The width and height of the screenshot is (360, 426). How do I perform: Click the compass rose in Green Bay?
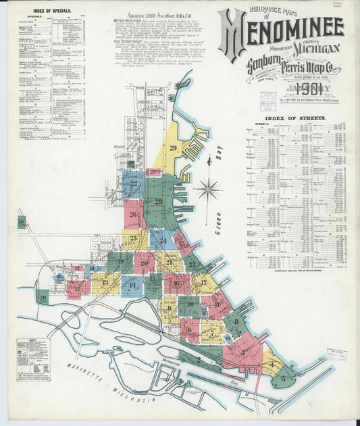tap(208, 188)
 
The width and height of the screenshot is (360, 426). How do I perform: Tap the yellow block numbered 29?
tap(173, 149)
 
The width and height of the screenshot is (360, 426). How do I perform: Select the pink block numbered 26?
tap(133, 215)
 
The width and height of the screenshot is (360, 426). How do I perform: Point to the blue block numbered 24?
tap(163, 240)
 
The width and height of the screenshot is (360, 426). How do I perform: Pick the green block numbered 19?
tap(120, 261)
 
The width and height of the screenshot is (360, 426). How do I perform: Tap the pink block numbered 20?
tap(144, 263)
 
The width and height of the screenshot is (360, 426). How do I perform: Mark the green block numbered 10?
tap(190, 306)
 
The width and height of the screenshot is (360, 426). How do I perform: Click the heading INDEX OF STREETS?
tap(296, 117)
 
